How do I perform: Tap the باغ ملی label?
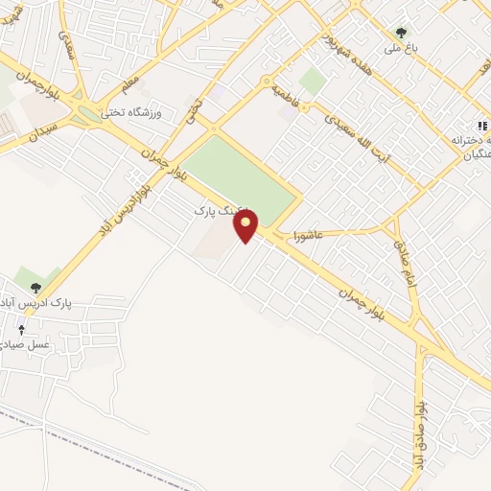pyautogui.click(x=395, y=47)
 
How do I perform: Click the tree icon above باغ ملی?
pyautogui.click(x=401, y=32)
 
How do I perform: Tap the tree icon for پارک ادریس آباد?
pyautogui.click(x=36, y=286)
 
